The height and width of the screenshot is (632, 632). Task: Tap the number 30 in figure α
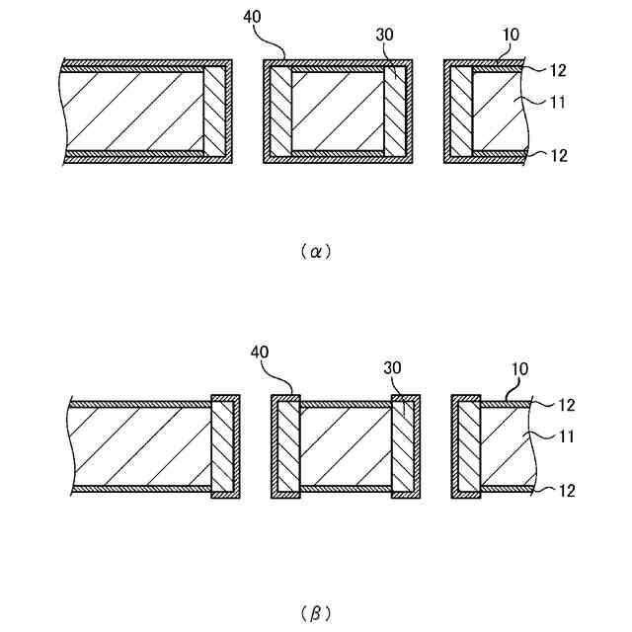[386, 35]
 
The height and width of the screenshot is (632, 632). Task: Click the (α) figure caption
[315, 251]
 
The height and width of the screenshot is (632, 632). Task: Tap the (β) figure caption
[315, 613]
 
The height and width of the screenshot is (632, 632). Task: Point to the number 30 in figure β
[393, 367]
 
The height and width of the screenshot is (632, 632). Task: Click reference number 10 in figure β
[519, 368]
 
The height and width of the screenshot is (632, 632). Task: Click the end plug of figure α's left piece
[215, 112]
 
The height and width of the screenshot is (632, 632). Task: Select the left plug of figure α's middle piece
[280, 112]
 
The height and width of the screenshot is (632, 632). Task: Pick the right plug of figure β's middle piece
[405, 446]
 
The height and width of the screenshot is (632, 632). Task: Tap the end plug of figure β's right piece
[468, 446]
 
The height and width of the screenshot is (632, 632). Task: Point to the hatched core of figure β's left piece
[138, 446]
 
